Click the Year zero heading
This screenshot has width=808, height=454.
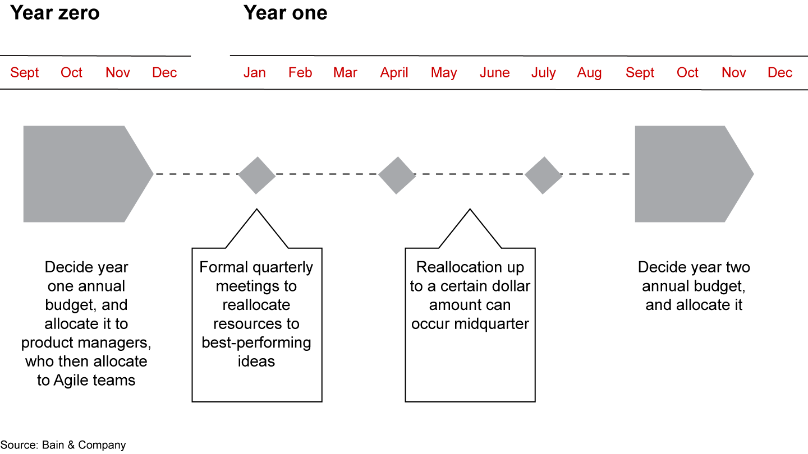point(55,12)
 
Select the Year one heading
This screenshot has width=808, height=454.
point(285,12)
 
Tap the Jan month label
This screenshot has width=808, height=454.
point(254,73)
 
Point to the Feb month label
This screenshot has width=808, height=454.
point(300,73)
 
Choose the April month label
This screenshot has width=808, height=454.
point(394,73)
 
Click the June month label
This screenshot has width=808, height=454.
point(494,73)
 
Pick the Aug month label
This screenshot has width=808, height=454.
point(589,73)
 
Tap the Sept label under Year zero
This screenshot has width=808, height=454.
point(25,73)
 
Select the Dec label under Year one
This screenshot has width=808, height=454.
point(780,73)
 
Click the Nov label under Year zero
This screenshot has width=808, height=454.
point(118,73)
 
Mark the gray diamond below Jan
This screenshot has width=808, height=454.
point(256,175)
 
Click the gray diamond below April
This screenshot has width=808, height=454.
point(397,175)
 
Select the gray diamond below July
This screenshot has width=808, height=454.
point(543,175)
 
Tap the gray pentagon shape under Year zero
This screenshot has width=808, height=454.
point(84,174)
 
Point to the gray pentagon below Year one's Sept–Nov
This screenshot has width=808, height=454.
point(690,174)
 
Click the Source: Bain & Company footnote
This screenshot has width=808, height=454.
point(63,445)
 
